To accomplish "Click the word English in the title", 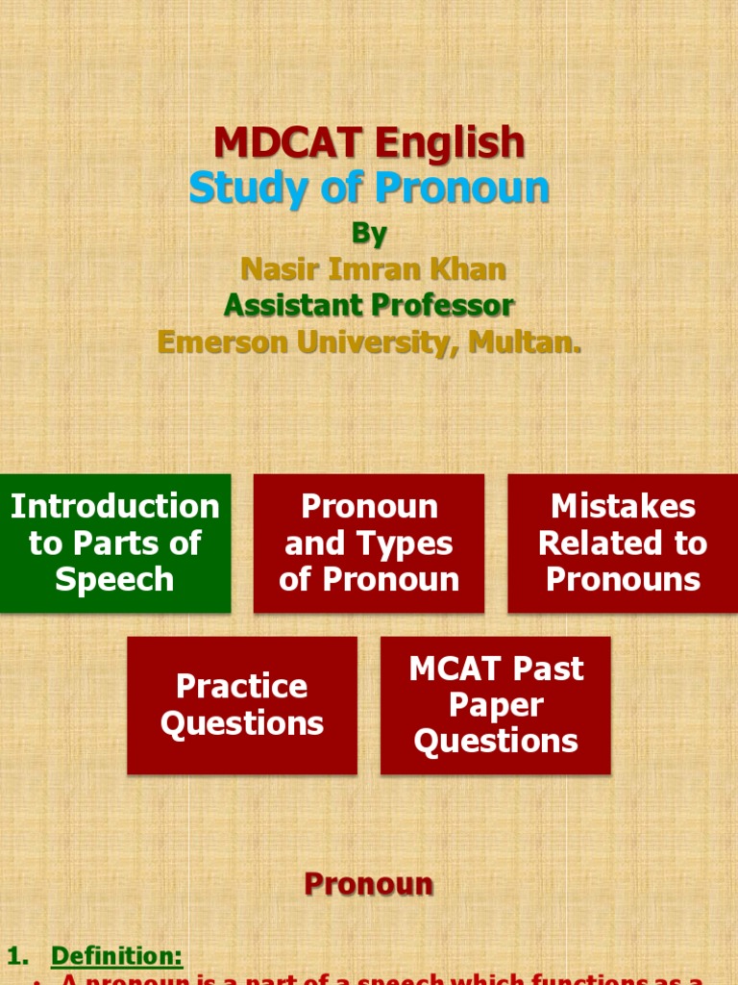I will [450, 143].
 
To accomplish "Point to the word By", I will [369, 234].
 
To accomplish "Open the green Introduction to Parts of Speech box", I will [115, 543].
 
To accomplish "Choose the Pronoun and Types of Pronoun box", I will [369, 543].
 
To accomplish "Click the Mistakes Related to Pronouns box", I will [623, 543].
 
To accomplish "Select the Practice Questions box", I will [242, 705].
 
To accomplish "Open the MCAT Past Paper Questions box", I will [496, 705].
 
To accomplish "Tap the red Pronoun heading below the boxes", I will [369, 885].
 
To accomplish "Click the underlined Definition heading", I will [116, 956].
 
